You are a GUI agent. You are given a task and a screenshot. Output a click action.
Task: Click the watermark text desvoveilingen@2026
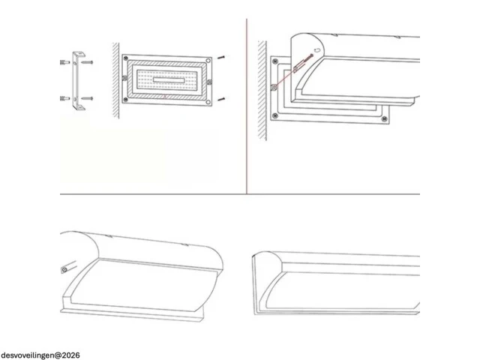coord(40,355)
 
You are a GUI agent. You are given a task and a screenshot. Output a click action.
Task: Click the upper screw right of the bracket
coord(87,62)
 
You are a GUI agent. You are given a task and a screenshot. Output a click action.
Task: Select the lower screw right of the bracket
coord(87,98)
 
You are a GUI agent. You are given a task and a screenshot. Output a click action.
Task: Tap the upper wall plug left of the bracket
coord(65,62)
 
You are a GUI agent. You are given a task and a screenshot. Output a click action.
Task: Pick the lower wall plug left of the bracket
coord(65,98)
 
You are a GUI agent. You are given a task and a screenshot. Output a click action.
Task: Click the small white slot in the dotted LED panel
coord(169,80)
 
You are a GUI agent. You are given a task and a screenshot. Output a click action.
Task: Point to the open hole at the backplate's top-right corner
coord(208,61)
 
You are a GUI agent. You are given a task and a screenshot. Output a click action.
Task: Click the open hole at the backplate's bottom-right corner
coord(208,102)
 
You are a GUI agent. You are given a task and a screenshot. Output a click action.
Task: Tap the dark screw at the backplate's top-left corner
coord(125,58)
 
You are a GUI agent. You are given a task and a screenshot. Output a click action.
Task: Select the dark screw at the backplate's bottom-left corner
coord(125,100)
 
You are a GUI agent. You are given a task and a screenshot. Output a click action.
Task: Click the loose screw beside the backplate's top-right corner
coord(222,57)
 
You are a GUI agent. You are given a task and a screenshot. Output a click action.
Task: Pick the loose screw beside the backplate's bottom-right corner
coord(222,99)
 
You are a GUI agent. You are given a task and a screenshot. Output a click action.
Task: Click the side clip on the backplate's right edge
coord(210,82)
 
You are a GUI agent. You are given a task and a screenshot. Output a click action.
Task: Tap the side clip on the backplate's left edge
coord(124,78)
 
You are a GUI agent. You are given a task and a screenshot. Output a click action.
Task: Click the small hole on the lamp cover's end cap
coord(317,49)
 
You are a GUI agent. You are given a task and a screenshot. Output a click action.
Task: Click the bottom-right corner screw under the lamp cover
coord(385,118)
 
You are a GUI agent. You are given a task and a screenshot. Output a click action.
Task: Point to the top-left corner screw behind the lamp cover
coord(275,61)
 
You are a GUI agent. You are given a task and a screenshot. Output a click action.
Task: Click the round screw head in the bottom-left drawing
coord(64,270)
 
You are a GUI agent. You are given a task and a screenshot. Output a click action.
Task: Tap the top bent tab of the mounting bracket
coord(79,54)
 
